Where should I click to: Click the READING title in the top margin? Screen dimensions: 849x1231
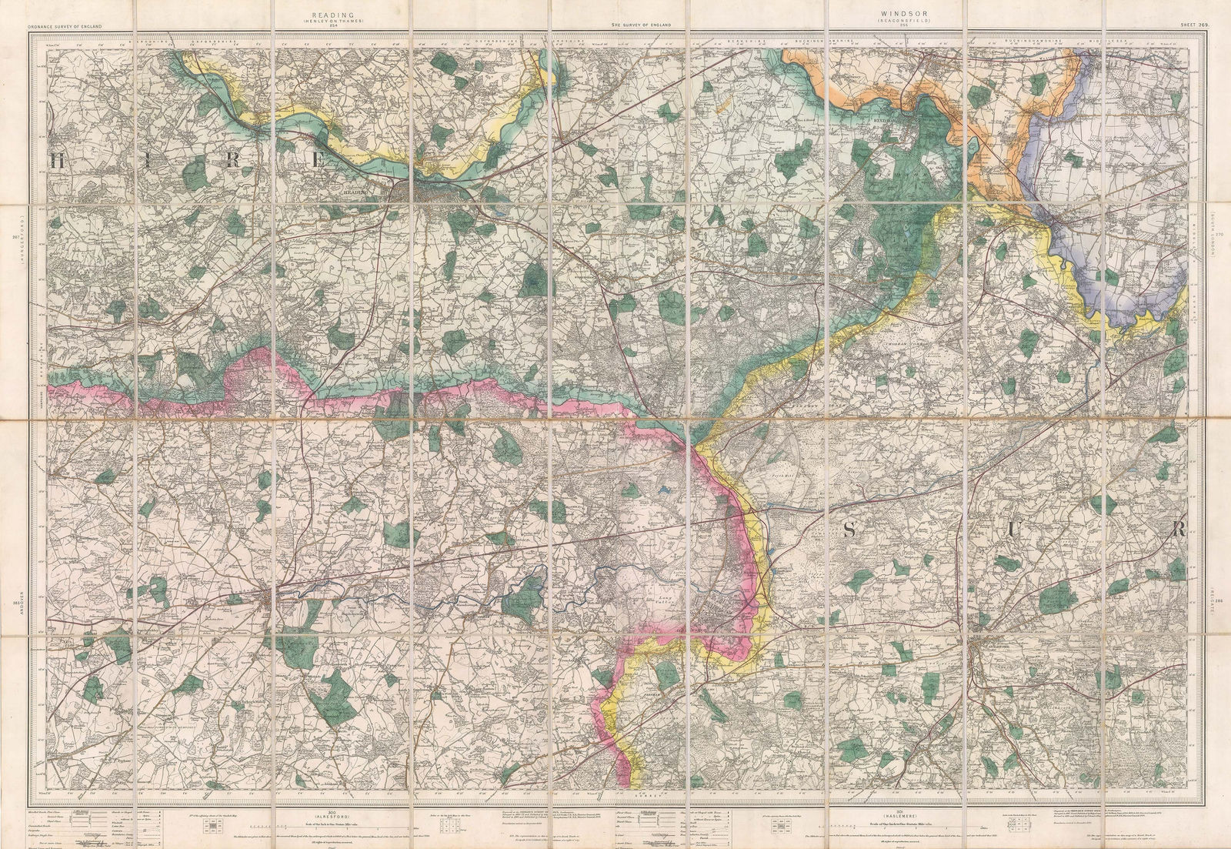point(342,14)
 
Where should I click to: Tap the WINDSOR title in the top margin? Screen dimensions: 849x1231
point(897,14)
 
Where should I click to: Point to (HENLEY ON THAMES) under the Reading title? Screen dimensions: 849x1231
point(342,21)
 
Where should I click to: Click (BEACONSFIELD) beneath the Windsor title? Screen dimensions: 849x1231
point(897,21)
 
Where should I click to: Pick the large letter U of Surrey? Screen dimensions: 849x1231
point(1015,529)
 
